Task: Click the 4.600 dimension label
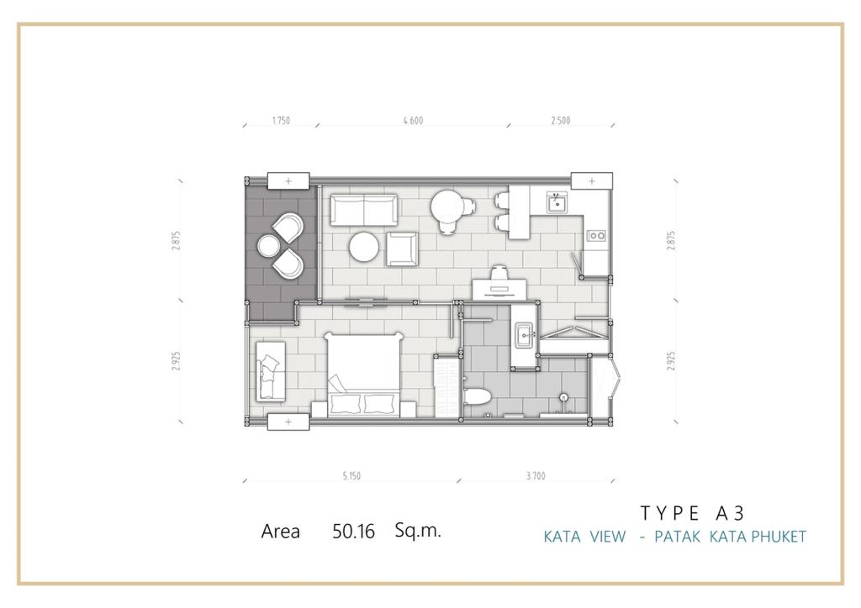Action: pos(413,121)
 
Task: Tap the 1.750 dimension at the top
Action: pos(281,121)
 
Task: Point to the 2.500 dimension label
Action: pos(561,121)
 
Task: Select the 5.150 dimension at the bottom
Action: pos(351,476)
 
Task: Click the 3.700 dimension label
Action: pos(536,476)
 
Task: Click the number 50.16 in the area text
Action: pos(353,532)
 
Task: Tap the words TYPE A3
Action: pos(693,513)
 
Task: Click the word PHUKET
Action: pos(778,536)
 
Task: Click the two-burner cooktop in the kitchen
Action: pos(596,236)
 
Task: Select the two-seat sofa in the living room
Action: pos(364,210)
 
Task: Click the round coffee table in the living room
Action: pos(363,247)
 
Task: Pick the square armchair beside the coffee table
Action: pos(402,249)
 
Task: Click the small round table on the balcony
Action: pos(269,245)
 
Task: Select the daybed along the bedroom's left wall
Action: pos(270,371)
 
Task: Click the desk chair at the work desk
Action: pos(499,273)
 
